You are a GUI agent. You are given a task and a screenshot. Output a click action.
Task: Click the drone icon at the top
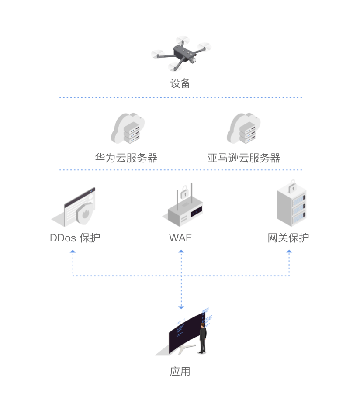pyautogui.click(x=181, y=54)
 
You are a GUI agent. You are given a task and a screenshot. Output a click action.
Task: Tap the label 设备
pyautogui.click(x=180, y=83)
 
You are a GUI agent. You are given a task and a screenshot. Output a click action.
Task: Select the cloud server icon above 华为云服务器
pyautogui.click(x=127, y=129)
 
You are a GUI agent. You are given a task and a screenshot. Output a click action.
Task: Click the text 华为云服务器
pyautogui.click(x=126, y=158)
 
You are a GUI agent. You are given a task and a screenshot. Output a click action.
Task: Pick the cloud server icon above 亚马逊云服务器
pyautogui.click(x=243, y=129)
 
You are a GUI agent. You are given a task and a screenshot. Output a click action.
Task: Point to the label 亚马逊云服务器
pyautogui.click(x=244, y=158)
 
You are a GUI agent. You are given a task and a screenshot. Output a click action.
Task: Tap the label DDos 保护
pyautogui.click(x=75, y=238)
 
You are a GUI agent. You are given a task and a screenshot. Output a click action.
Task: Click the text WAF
pyautogui.click(x=180, y=238)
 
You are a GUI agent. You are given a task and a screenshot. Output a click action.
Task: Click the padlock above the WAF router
pyautogui.click(x=185, y=190)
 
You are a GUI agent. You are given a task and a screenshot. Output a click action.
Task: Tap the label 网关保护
pyautogui.click(x=288, y=238)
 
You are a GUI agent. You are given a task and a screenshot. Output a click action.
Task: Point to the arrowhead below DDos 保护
pyautogui.click(x=73, y=252)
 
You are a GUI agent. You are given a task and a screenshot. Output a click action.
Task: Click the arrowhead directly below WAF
pyautogui.click(x=181, y=252)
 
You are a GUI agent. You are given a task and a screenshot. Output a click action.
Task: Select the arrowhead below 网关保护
pyautogui.click(x=289, y=252)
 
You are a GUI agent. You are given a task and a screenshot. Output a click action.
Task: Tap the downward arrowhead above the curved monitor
pyautogui.click(x=181, y=307)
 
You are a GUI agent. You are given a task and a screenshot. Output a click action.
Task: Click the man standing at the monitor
pyautogui.click(x=203, y=338)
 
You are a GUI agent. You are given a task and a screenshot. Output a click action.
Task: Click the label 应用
pyautogui.click(x=180, y=372)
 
